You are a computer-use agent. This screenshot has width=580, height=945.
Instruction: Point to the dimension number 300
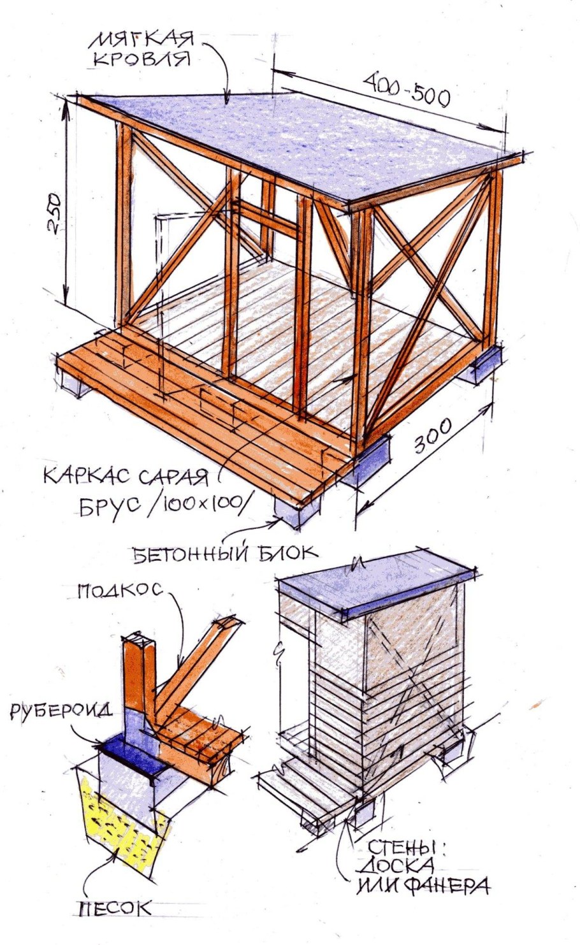point(433,436)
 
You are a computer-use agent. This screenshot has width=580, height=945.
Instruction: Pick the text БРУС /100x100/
point(163,505)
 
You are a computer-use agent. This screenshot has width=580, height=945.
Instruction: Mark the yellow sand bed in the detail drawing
point(124,822)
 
